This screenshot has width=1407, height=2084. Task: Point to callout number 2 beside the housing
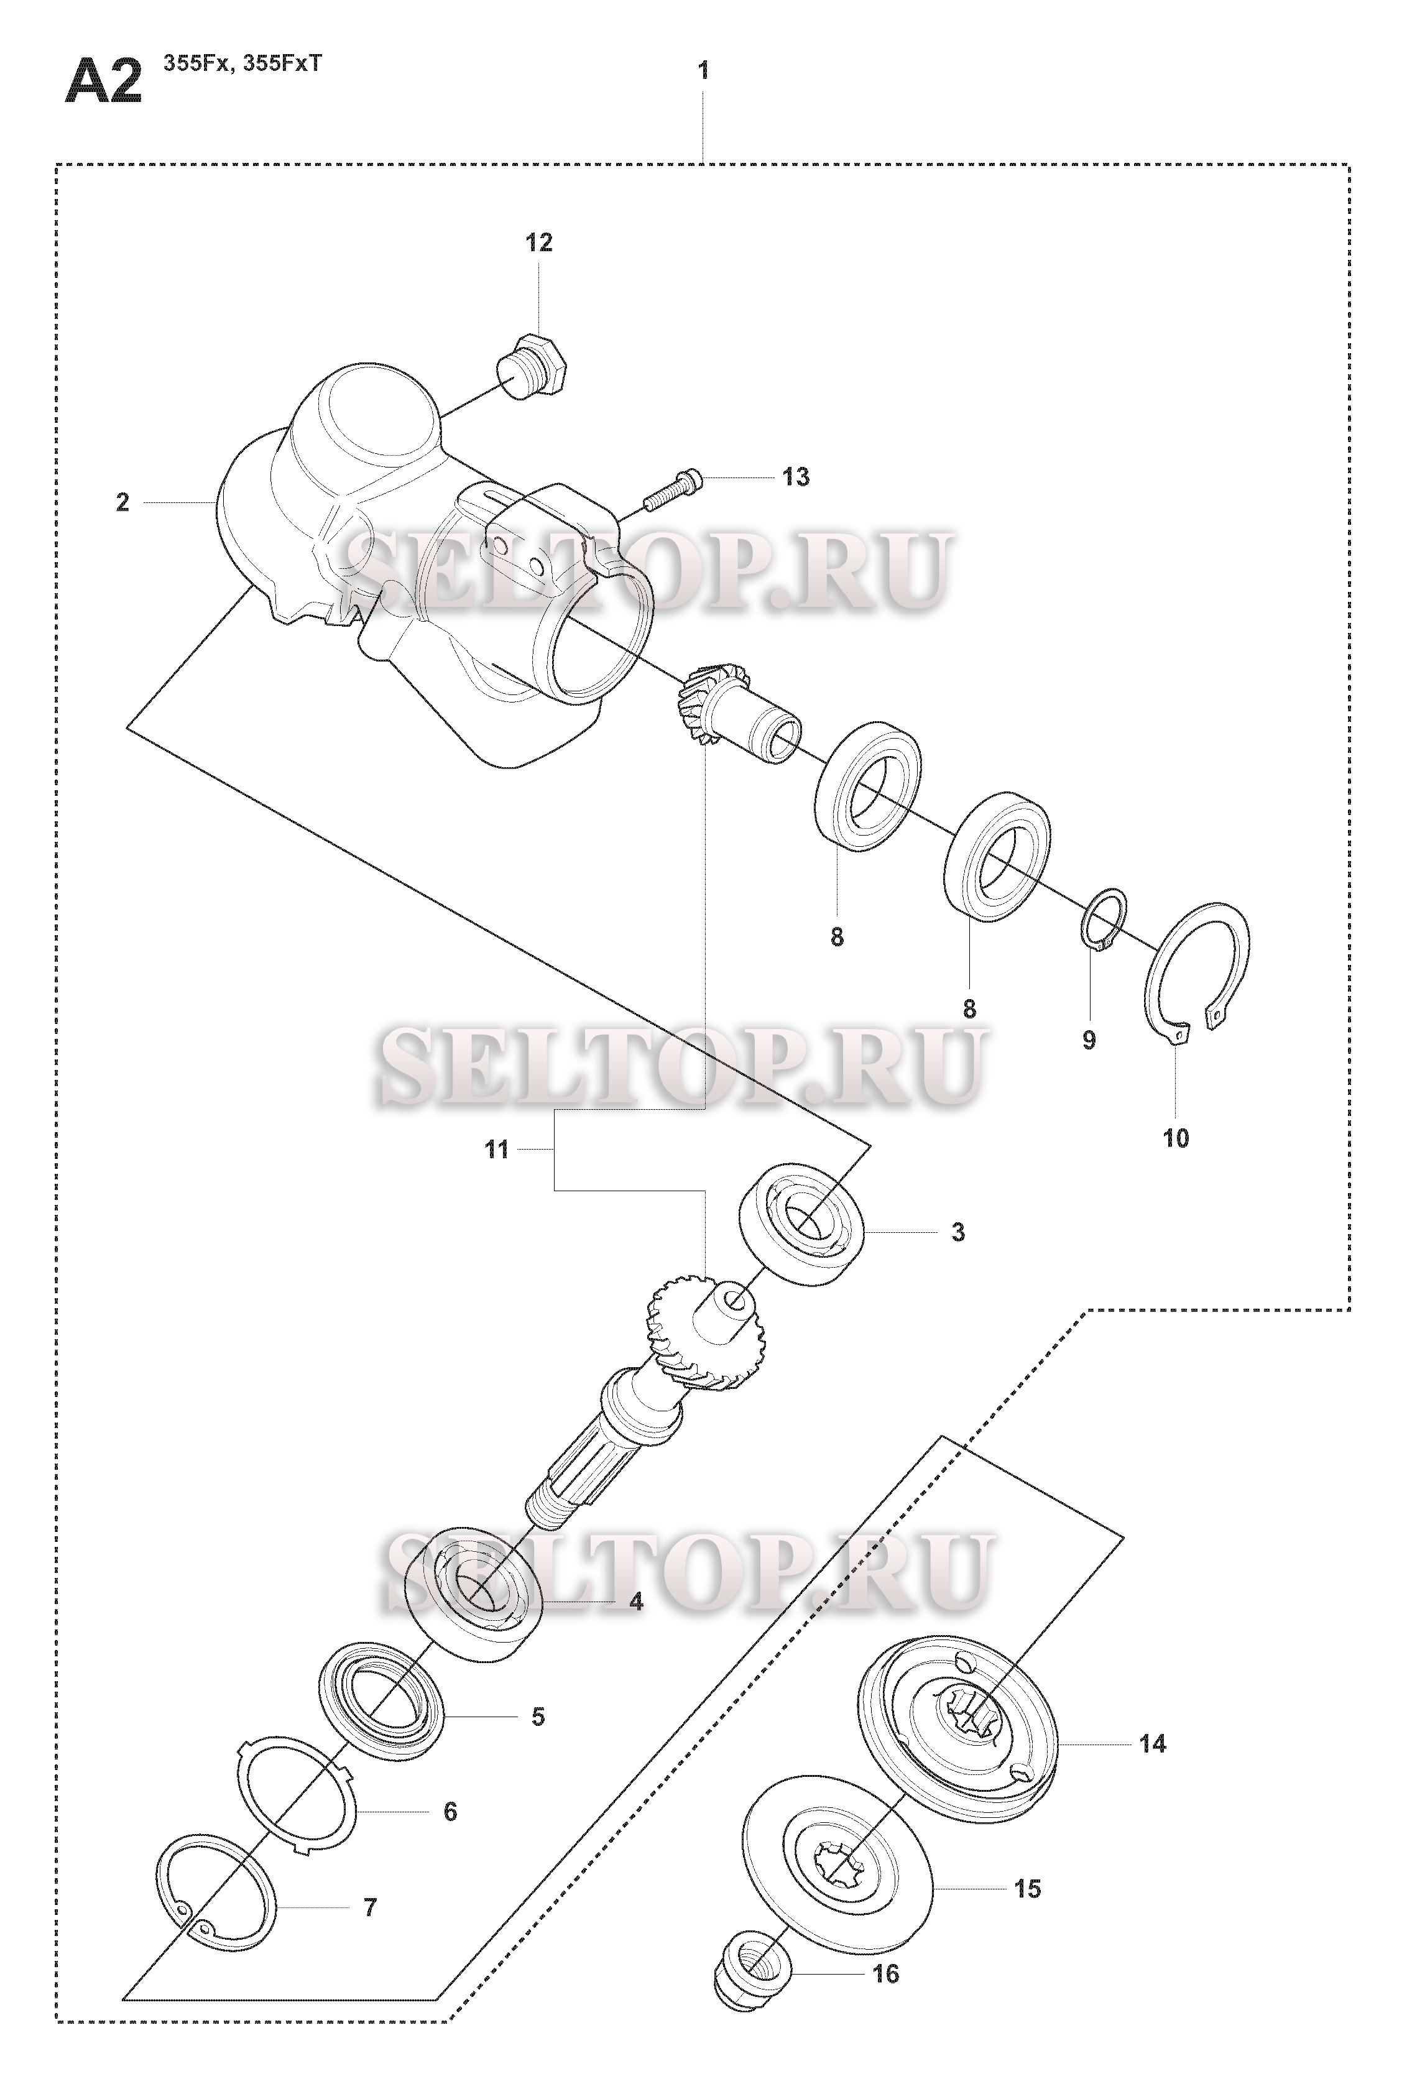tap(123, 502)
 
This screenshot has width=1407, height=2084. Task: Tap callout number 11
tap(497, 1150)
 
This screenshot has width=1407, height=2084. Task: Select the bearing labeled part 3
tap(801, 1224)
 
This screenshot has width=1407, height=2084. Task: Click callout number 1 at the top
tap(703, 70)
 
